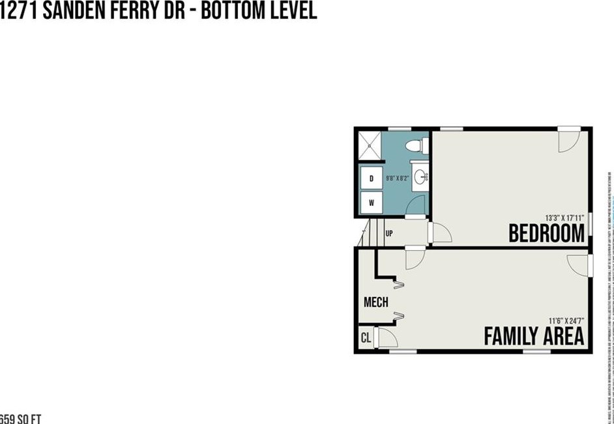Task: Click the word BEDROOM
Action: [x=546, y=233]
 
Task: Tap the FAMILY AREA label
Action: [x=533, y=337]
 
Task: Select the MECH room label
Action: [x=375, y=302]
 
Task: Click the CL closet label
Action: [x=365, y=339]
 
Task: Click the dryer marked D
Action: [x=372, y=178]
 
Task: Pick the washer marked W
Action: [x=372, y=203]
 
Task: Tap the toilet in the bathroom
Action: [x=417, y=146]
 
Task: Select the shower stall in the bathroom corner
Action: [x=369, y=146]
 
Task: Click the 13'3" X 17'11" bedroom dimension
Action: [x=564, y=218]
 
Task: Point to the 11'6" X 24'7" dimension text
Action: [x=565, y=320]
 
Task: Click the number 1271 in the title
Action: [x=18, y=11]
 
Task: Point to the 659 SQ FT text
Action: [x=20, y=418]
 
